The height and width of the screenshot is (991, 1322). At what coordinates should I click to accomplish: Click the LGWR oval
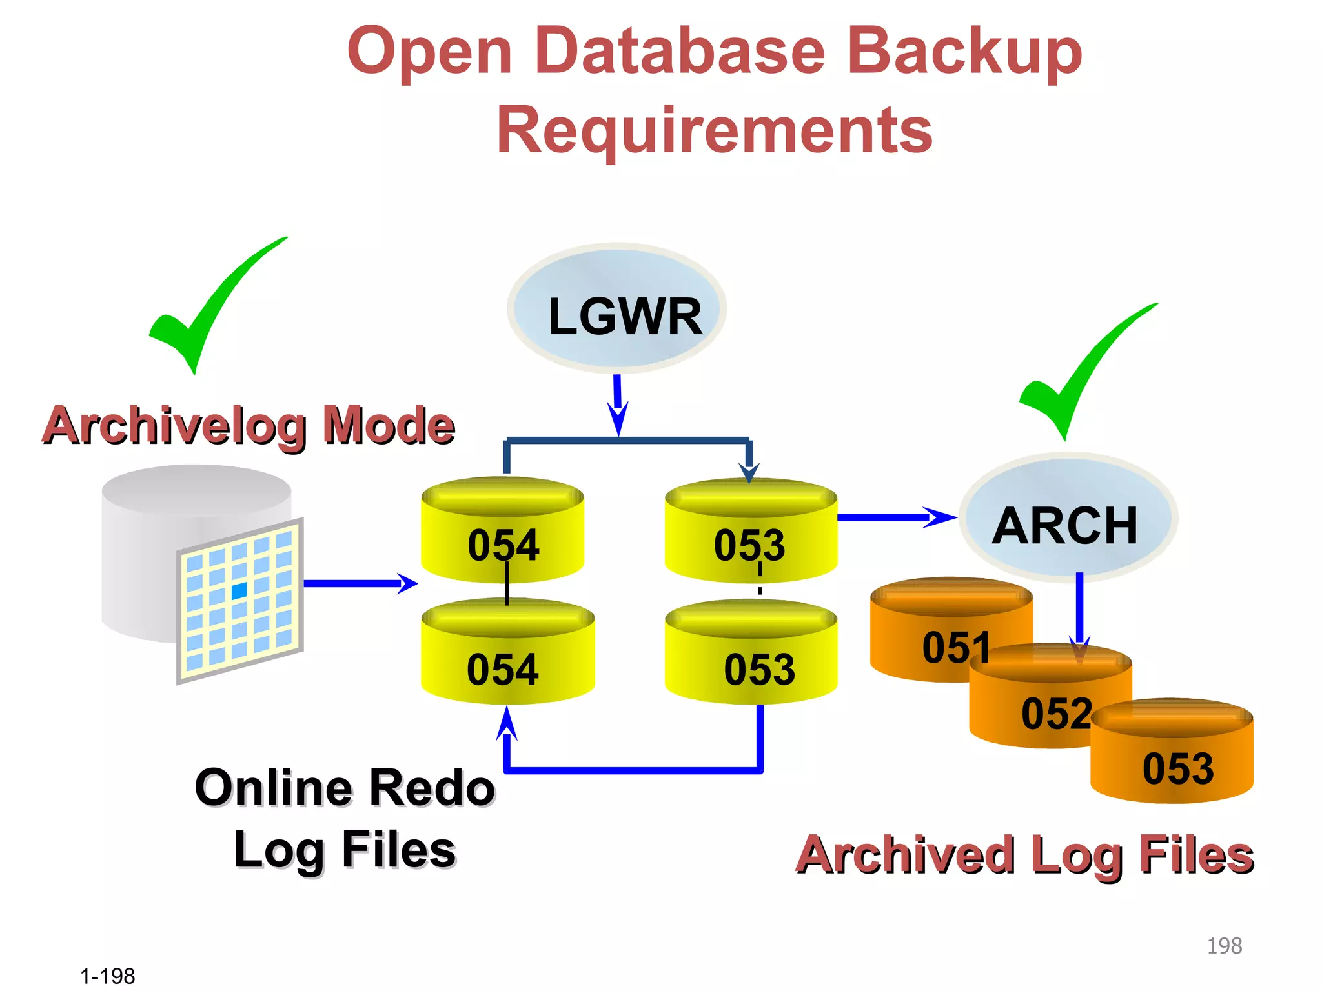click(616, 308)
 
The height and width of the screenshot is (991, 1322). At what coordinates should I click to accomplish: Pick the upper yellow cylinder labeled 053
click(751, 530)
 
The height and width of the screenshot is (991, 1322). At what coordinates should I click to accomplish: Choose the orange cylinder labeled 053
click(1172, 752)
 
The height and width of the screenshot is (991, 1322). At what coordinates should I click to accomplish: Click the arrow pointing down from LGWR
click(618, 404)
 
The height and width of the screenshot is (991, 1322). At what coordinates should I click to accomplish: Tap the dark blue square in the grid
click(239, 590)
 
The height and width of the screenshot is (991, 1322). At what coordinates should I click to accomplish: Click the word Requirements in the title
click(714, 131)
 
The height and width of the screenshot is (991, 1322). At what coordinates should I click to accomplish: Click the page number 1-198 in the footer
click(108, 976)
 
